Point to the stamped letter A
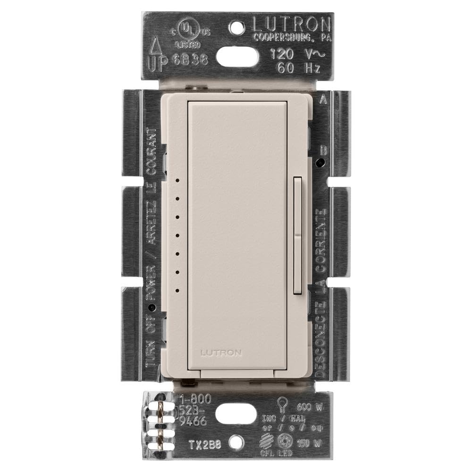323,100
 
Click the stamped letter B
323,151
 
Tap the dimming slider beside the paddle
297,236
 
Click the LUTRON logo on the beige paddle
221,352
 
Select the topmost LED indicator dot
177,180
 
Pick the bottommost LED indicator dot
177,290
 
